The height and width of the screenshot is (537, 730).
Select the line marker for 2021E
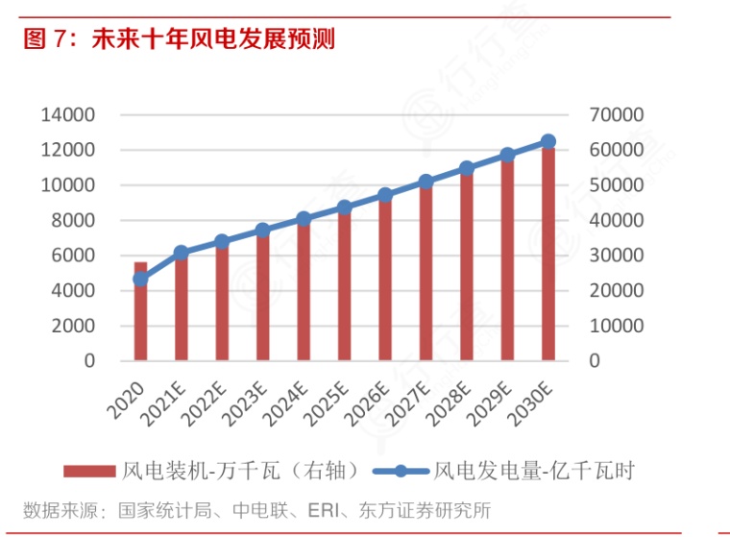181,254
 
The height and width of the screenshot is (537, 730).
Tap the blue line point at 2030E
548,141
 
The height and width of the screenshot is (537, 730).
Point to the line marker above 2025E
344,207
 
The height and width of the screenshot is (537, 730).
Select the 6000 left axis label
72,256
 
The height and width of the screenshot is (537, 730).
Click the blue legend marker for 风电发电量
400,471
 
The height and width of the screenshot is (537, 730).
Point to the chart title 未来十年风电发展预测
212,39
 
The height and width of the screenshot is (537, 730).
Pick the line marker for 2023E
262,231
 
